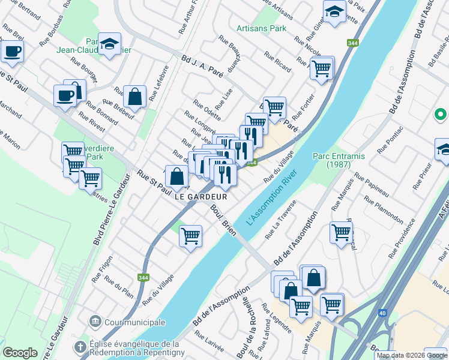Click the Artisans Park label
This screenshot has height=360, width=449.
[261, 28]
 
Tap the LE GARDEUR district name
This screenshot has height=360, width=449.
[201, 196]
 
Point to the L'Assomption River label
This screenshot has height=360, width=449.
[272, 198]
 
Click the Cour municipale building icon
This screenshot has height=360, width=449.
[95, 322]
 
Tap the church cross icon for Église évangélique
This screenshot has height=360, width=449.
[80, 347]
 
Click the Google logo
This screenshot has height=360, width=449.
[20, 353]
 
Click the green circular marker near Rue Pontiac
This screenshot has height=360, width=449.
[440, 113]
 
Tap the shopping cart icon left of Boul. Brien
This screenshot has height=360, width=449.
[190, 236]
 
